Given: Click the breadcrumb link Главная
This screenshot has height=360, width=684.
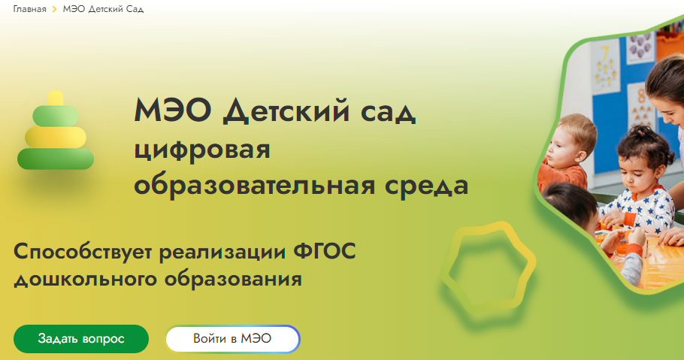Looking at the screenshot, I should click(x=29, y=10).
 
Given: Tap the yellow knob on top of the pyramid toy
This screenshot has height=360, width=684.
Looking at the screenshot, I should click(x=55, y=98).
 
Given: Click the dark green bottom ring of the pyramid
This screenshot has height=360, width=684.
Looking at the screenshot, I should click(x=56, y=159).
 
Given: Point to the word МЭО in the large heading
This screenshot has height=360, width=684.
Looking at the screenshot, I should click(x=174, y=113).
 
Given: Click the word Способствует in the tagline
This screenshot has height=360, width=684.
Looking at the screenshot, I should click(x=83, y=252).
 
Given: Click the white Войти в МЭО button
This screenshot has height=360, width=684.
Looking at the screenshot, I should click(x=232, y=339).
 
